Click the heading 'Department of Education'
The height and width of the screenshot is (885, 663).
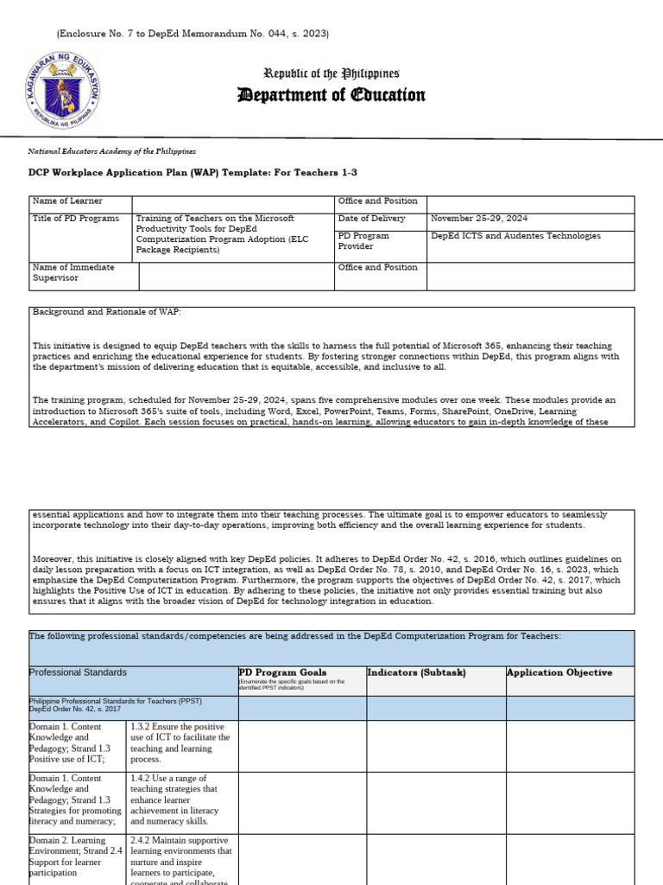pos(331,95)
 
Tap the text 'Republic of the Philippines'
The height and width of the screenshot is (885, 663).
pos(331,74)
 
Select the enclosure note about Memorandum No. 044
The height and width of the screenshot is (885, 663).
pos(193,34)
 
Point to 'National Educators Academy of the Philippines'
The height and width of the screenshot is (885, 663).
pos(113,150)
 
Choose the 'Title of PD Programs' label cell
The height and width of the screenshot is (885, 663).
pos(76,219)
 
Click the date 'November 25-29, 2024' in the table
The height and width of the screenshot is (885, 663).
pos(477,219)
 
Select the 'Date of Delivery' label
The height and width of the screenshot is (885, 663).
pos(371,219)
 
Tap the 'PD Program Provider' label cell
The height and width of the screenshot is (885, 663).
pos(364,241)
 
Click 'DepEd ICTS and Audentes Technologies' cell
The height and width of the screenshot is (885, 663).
pos(515,236)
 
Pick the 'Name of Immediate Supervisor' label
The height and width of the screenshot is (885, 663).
pos(74,272)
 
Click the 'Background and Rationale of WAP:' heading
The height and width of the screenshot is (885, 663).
pos(108,311)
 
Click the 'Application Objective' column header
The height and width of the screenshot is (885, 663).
pos(559,672)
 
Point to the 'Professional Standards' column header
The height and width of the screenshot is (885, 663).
pos(79,672)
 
